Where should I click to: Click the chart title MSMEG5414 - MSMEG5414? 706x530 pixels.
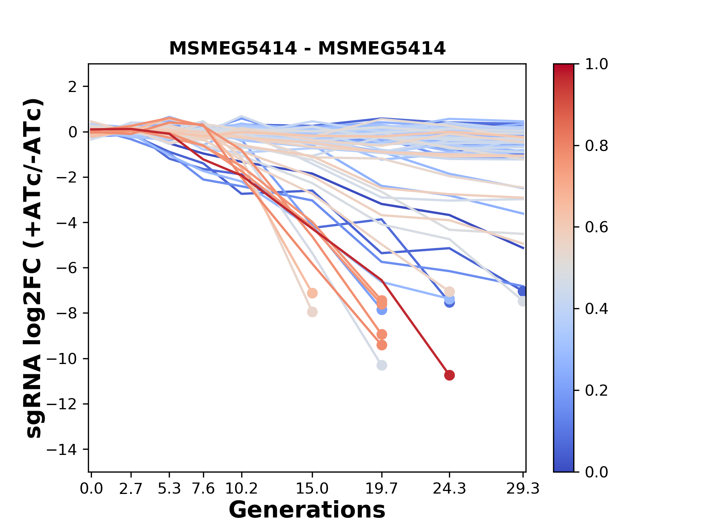click(x=307, y=49)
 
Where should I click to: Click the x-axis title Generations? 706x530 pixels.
click(x=307, y=510)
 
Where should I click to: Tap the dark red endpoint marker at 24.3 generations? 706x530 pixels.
click(x=449, y=375)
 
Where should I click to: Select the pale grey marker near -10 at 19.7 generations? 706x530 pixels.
click(x=382, y=365)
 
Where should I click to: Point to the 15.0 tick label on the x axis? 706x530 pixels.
click(x=312, y=489)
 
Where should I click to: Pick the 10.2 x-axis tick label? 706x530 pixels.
click(x=241, y=489)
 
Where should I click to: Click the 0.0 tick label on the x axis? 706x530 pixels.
click(x=92, y=489)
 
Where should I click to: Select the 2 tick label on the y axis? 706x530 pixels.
click(x=73, y=86)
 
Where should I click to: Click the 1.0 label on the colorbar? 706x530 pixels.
click(x=596, y=64)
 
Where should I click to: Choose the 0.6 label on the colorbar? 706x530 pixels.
click(x=596, y=227)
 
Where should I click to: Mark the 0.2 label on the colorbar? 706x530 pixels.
click(x=596, y=391)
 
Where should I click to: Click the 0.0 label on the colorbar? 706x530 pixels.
click(x=596, y=472)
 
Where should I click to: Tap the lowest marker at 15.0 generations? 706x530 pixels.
click(x=312, y=312)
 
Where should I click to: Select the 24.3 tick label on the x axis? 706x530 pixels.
click(x=449, y=489)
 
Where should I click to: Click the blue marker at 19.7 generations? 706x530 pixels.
click(x=382, y=310)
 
